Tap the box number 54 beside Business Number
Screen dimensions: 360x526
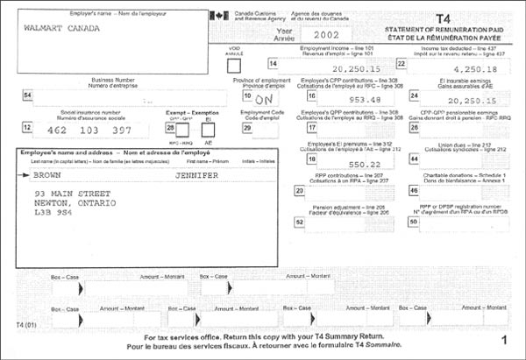[28, 95]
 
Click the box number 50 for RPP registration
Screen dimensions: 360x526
[414, 222]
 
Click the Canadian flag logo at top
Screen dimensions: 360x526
[217, 14]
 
